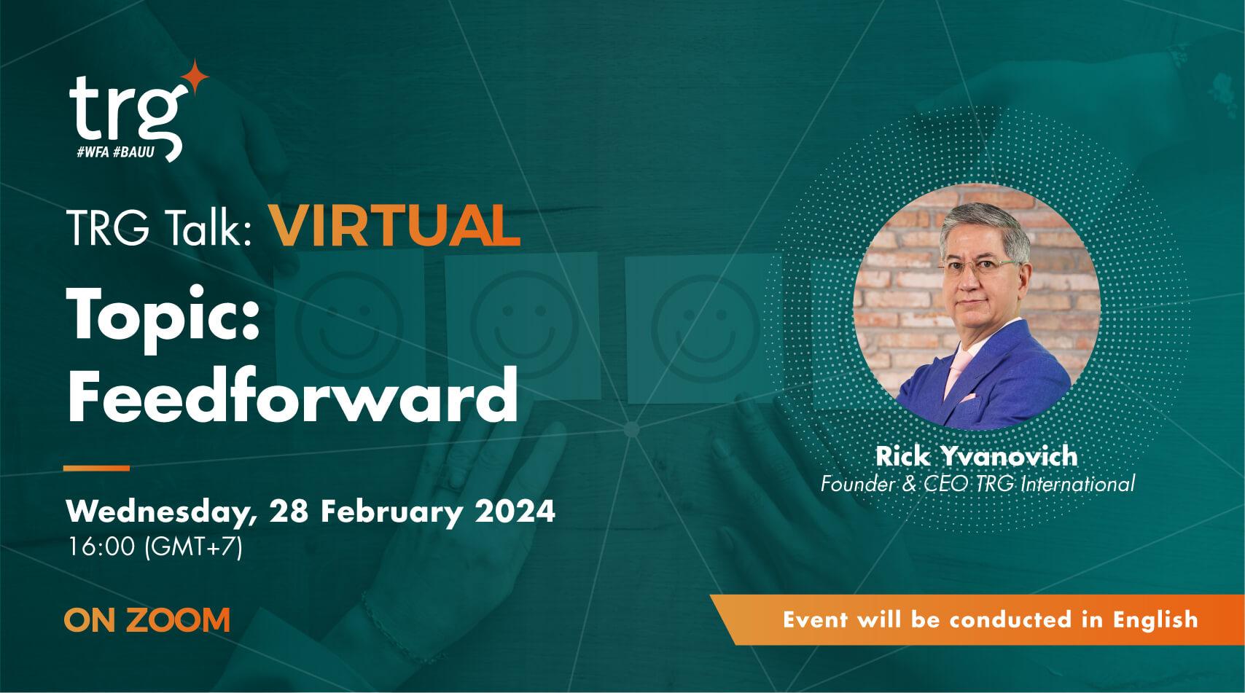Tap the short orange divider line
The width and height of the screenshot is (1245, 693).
[96, 467]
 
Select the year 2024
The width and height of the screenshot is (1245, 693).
[515, 511]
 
